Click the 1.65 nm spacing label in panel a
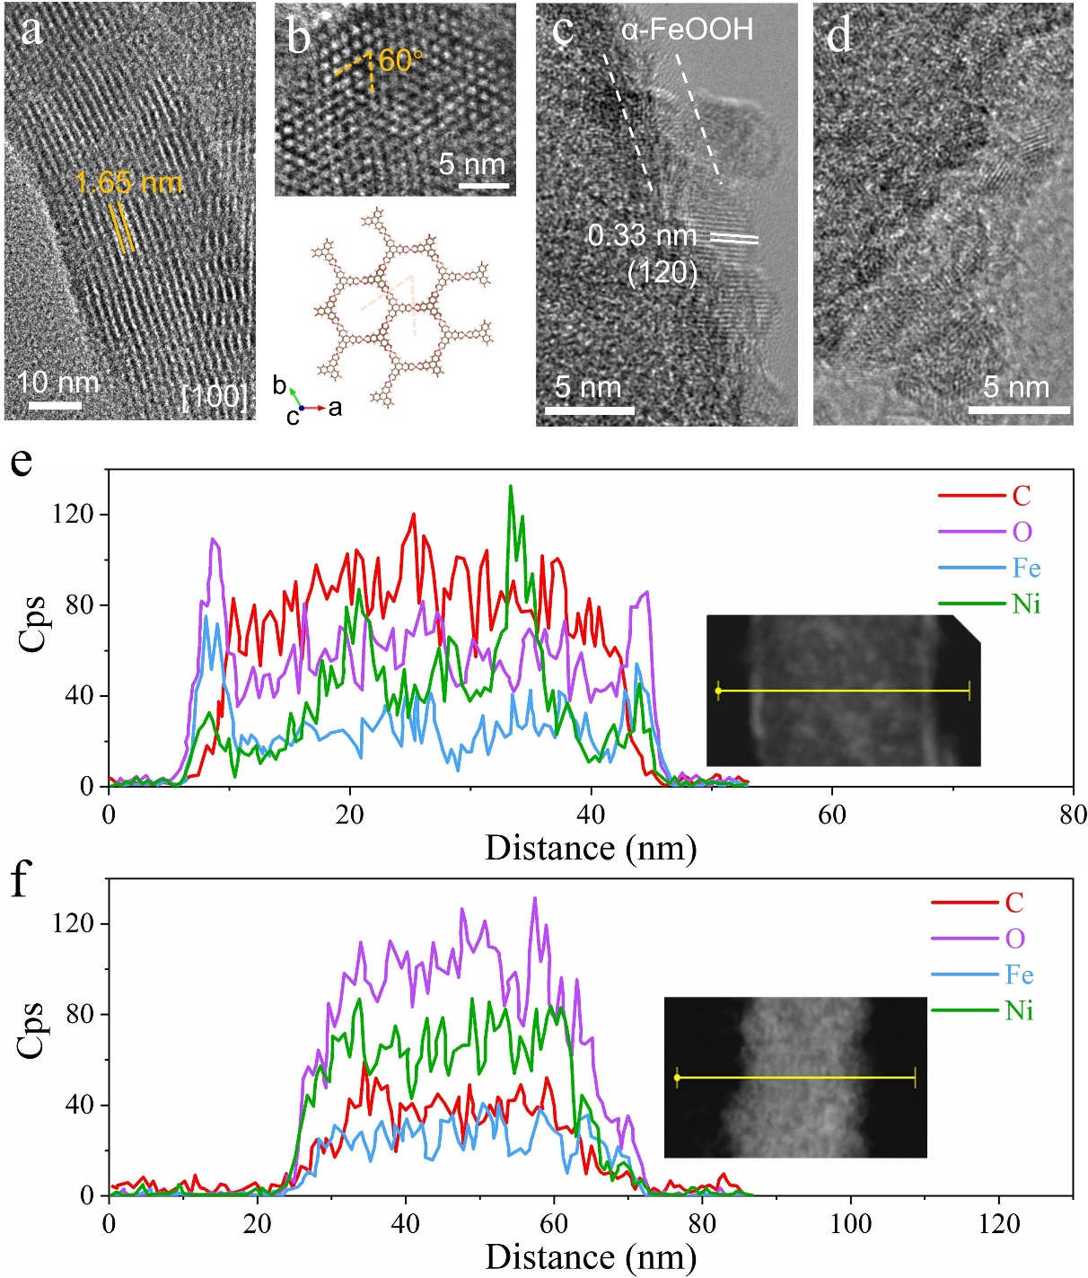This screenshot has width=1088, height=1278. (128, 183)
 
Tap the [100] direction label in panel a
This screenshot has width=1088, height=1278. (213, 395)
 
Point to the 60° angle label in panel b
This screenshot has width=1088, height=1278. (399, 60)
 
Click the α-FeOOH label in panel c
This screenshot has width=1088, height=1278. (687, 31)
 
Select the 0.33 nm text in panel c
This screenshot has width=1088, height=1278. (642, 235)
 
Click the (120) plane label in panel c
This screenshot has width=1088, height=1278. (662, 271)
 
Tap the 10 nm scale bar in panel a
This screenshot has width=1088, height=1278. (56, 406)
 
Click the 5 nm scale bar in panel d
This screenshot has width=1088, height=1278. (1019, 410)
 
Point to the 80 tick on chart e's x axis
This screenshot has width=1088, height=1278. (1073, 815)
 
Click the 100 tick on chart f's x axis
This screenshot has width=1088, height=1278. (850, 1223)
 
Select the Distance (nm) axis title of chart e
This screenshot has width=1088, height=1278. (591, 848)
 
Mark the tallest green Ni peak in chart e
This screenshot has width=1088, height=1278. (511, 487)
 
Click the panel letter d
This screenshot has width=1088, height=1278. (838, 35)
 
